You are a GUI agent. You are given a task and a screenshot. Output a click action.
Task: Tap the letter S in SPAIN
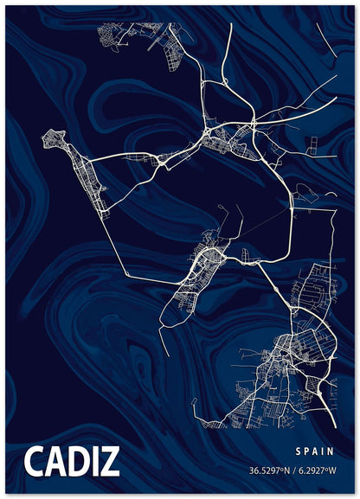pyautogui.click(x=297, y=451)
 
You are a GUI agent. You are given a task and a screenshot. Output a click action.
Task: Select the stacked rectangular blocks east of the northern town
pyautogui.click(x=311, y=147)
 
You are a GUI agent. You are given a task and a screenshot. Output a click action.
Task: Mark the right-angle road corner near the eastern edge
pyautogui.click(x=332, y=210)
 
